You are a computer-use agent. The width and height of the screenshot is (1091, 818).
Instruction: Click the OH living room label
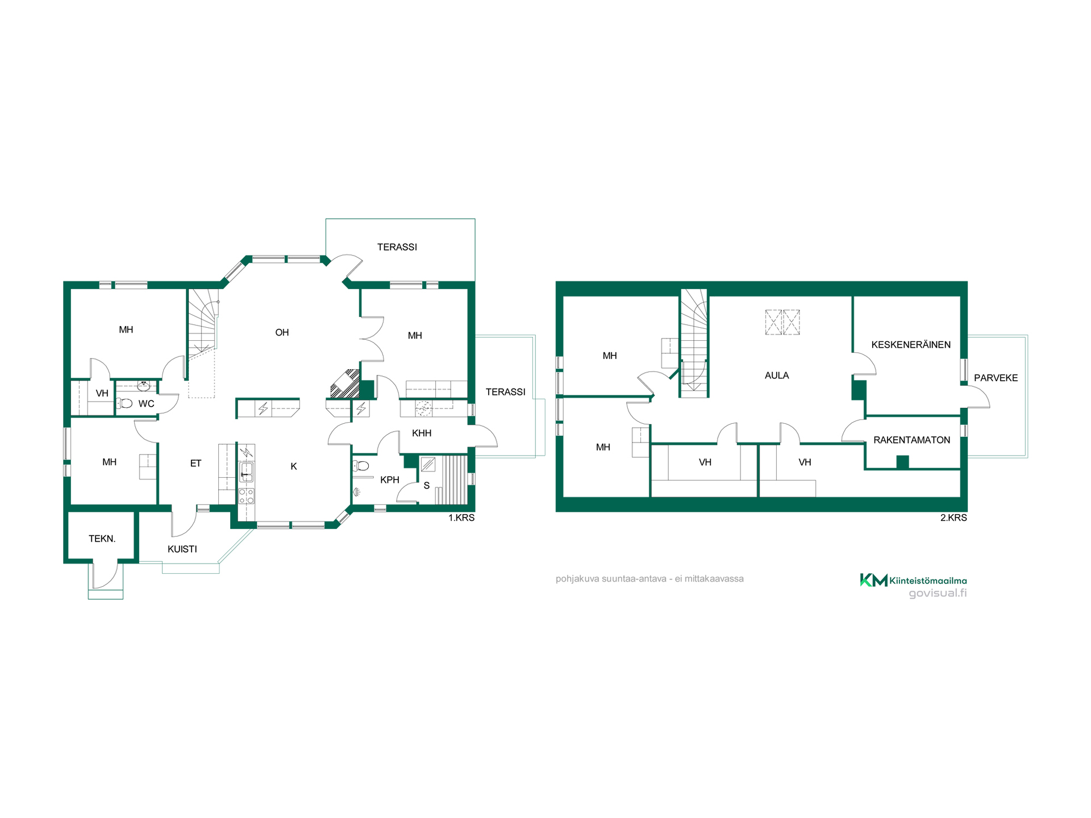click(282, 332)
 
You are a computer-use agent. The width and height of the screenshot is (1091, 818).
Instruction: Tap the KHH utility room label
click(422, 433)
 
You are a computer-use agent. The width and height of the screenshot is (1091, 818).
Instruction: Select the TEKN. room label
click(102, 539)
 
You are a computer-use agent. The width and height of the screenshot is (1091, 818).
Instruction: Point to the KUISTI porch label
click(182, 549)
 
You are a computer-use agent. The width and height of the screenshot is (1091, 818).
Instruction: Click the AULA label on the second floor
click(777, 375)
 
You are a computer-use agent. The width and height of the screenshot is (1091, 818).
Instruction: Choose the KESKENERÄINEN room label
click(911, 345)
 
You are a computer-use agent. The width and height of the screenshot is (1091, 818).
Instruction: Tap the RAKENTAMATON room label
click(911, 440)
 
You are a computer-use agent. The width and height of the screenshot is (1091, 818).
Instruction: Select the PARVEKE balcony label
click(996, 378)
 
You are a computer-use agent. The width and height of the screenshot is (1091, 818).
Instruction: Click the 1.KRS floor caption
click(461, 517)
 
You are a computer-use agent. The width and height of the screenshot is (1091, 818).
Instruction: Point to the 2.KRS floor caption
click(953, 517)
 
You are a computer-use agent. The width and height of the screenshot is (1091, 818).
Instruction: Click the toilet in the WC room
click(125, 403)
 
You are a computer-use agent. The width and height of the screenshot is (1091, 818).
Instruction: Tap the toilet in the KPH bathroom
click(361, 466)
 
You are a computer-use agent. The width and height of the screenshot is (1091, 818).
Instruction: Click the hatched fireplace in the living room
click(345, 383)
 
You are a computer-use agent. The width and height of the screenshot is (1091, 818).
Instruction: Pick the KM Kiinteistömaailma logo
click(913, 580)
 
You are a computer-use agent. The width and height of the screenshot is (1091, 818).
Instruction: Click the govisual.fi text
click(938, 594)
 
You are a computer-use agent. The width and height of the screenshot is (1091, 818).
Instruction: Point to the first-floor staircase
click(203, 324)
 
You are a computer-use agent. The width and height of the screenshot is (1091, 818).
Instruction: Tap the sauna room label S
click(427, 486)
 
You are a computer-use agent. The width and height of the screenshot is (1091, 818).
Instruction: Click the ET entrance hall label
click(195, 464)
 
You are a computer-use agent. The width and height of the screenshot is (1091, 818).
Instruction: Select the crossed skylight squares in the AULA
click(782, 322)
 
